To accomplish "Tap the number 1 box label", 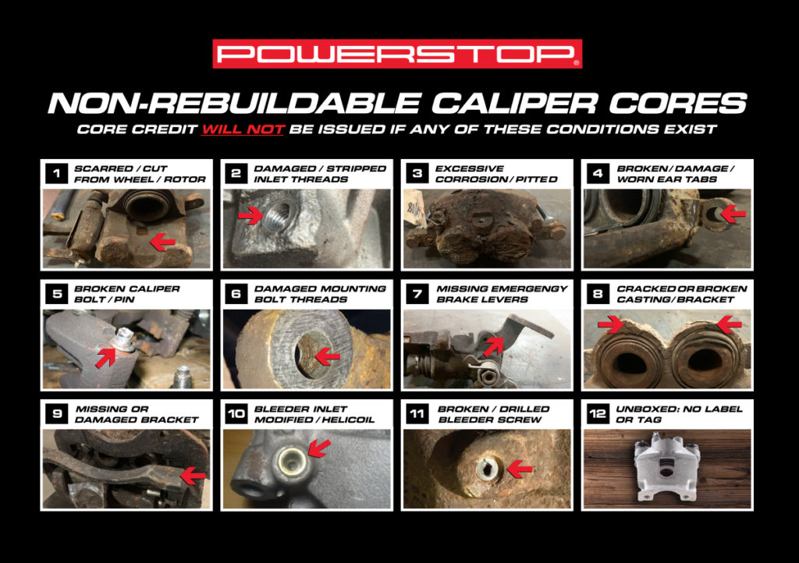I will point(56,173).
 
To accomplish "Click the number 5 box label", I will point(56,293).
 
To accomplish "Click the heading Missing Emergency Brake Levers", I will point(502,293).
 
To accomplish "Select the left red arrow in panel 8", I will point(610,323).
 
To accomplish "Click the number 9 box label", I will point(56,413).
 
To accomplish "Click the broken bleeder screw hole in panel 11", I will point(488,469).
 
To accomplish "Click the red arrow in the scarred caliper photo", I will point(162,243).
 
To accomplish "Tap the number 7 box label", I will point(417,293).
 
